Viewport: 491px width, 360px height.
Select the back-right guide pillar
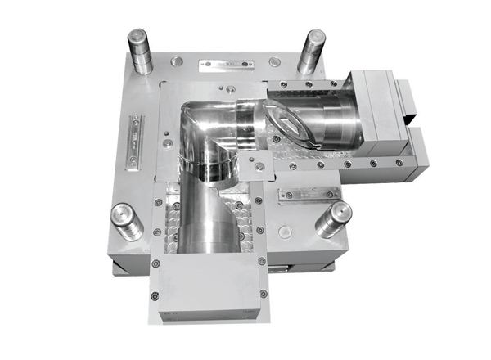[x=312, y=51]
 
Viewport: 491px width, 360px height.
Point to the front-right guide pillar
[x=333, y=218]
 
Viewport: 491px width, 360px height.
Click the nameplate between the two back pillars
[x=225, y=61]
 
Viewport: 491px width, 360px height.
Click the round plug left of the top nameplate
[x=174, y=61]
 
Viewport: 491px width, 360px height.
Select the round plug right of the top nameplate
[x=275, y=62]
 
